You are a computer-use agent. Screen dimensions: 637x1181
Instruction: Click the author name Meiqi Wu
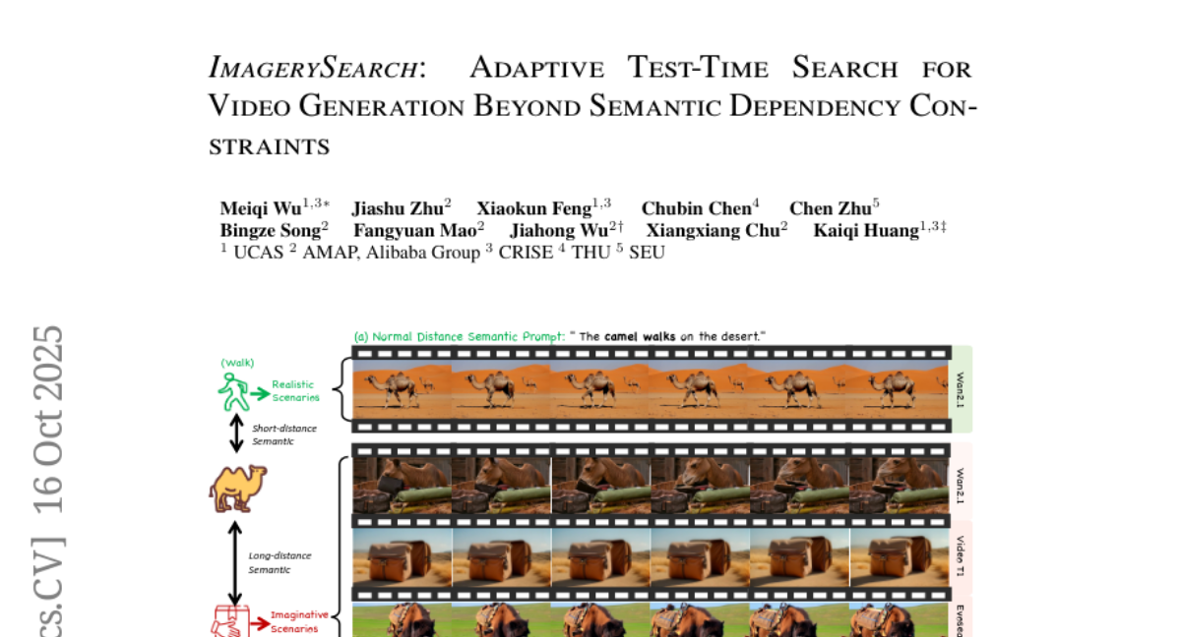coord(261,208)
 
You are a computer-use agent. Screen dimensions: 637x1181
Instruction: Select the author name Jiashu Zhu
coord(396,208)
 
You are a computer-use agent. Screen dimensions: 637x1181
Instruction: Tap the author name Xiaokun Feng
coord(535,208)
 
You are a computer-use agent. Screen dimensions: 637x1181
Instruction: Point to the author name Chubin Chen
coord(696,208)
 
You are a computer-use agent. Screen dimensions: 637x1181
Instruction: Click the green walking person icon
coord(232,391)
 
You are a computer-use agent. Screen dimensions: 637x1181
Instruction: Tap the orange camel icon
coord(237,489)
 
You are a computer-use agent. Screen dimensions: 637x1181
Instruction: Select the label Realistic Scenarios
coord(295,391)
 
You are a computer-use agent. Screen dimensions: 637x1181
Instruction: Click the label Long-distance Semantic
coord(280,562)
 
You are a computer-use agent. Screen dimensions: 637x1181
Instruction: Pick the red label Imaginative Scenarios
coord(299,620)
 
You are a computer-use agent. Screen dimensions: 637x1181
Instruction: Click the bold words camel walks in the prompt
coord(640,336)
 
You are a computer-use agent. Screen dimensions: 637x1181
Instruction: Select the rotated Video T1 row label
coord(960,556)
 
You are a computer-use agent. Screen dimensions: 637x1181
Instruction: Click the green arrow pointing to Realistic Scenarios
coord(259,393)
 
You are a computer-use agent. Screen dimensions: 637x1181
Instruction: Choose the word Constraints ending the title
coord(269,147)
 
